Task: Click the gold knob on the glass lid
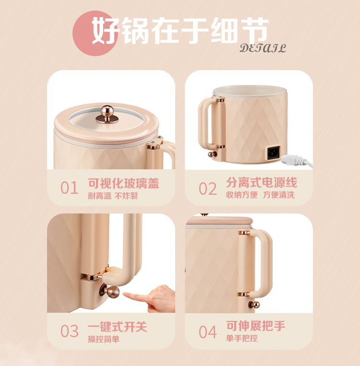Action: coord(107,114)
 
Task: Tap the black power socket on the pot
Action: coord(274,153)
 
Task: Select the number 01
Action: coord(69,188)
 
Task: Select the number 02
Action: coord(207,189)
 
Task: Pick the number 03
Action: coord(70,331)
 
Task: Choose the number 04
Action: coord(207,332)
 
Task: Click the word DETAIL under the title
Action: coord(263,48)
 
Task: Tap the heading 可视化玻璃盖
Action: coord(123,183)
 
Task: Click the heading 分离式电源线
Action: coord(262,182)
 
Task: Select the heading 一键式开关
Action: coord(118,327)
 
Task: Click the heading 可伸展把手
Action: coord(255,326)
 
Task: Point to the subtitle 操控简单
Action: coord(104,339)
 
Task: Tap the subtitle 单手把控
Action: coord(241,338)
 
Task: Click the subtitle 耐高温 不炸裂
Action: coord(113,196)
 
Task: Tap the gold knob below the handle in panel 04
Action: coord(254,305)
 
